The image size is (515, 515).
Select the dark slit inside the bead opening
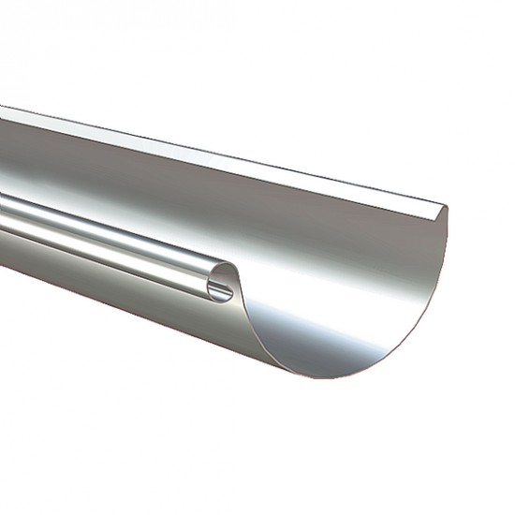click(223, 287)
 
